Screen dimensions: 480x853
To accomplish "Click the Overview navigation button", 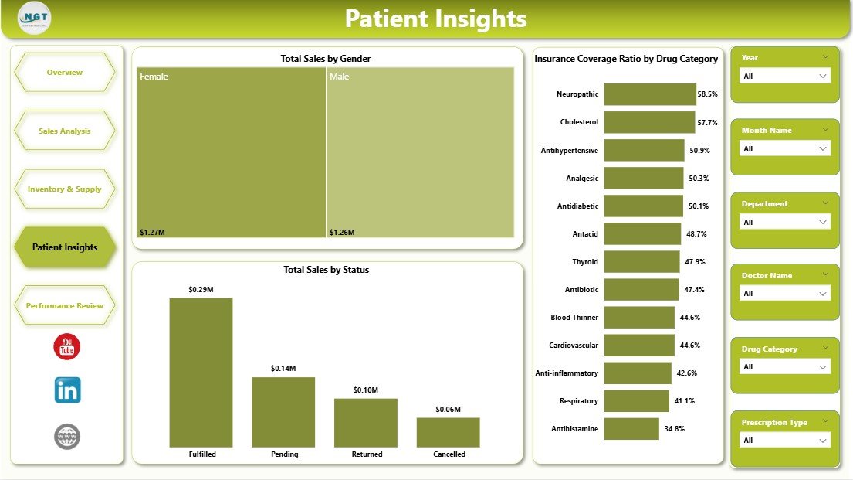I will tap(65, 73).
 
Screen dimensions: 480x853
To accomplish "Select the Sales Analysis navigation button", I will tap(65, 131).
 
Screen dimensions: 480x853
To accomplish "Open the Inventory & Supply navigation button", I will tap(65, 189).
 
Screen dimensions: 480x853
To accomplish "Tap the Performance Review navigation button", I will tap(65, 306).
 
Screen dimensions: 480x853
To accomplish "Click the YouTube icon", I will tap(67, 347).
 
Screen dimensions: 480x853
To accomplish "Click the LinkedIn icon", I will tap(67, 390).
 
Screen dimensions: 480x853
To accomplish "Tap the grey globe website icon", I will tap(67, 437).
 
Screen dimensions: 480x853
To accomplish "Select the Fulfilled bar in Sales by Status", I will tap(201, 372).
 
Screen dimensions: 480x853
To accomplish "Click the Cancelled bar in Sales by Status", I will tap(448, 432).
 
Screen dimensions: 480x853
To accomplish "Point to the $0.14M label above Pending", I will tap(283, 369).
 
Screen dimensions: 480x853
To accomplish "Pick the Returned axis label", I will tap(366, 454).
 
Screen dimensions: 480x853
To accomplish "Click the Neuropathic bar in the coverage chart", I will tap(650, 94).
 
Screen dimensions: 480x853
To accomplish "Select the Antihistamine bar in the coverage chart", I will tap(631, 429).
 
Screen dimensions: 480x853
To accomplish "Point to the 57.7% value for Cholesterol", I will tap(707, 123).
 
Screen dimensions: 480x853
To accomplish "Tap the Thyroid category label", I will tap(585, 262).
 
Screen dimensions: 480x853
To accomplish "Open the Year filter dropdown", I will tap(785, 76).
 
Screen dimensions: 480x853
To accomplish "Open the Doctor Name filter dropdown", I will tap(785, 294).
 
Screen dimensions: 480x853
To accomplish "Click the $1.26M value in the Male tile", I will tap(342, 232).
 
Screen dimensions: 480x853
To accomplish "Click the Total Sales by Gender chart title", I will tap(327, 59).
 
